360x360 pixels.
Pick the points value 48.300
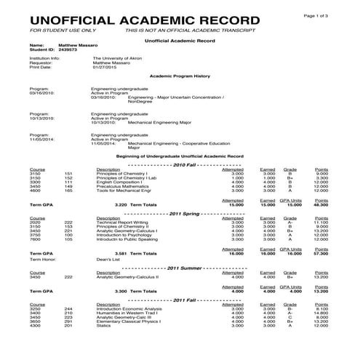(x=321, y=205)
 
